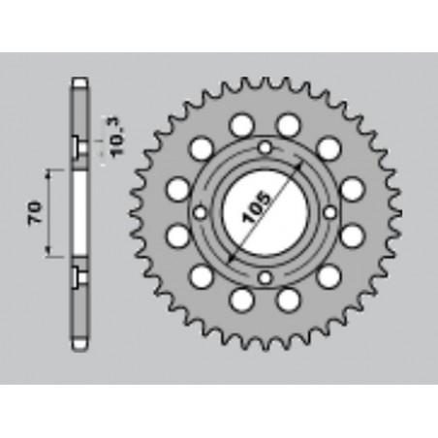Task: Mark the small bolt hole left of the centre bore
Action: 199,213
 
